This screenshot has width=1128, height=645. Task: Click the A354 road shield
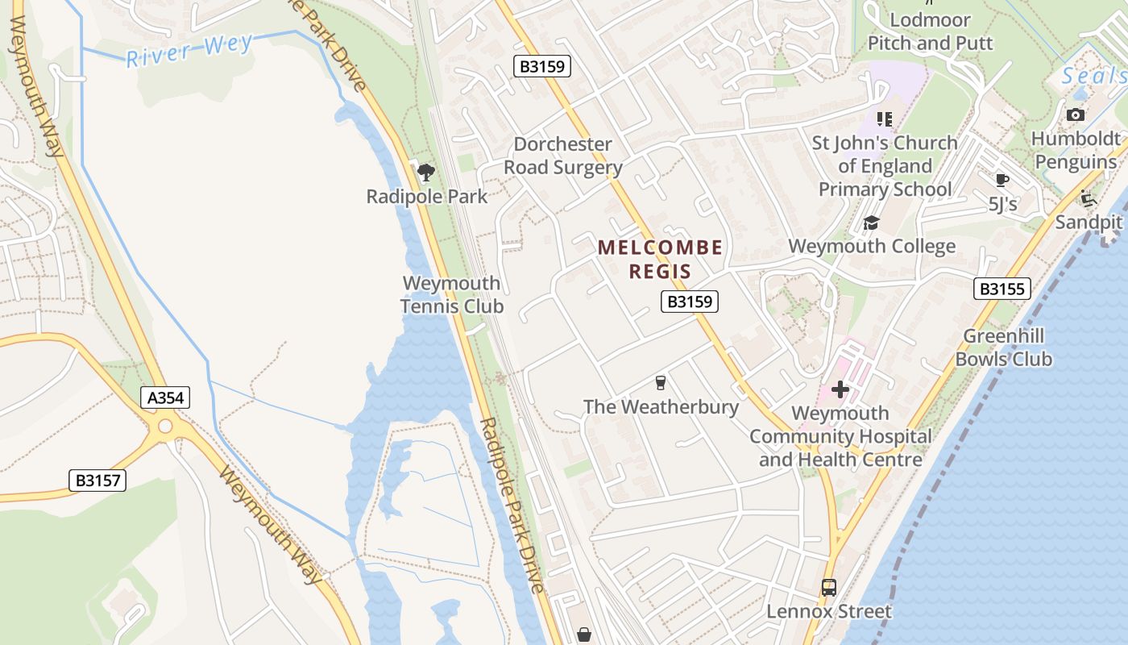tap(165, 397)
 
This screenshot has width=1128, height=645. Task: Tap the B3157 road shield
tap(97, 481)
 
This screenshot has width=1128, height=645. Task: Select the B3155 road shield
tap(1002, 289)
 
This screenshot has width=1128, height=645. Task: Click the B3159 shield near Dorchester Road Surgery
tap(542, 66)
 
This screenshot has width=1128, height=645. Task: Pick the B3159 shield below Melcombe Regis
tap(690, 302)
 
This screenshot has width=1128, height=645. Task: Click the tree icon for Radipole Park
tap(426, 172)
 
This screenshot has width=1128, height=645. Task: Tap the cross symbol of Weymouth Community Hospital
tap(840, 390)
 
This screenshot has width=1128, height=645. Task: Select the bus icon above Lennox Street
tap(828, 588)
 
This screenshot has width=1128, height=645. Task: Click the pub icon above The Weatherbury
tap(661, 383)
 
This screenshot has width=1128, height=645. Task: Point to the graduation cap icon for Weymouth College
tap(871, 223)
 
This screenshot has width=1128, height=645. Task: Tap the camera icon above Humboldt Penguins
tap(1076, 115)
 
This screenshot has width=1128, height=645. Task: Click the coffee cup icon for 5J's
tap(1002, 180)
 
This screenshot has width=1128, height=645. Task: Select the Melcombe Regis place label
tap(660, 259)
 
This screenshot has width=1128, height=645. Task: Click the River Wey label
tap(190, 50)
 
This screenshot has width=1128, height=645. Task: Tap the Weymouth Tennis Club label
tap(452, 295)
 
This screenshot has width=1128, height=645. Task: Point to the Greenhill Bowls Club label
tap(1004, 347)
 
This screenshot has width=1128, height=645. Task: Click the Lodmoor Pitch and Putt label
tap(931, 31)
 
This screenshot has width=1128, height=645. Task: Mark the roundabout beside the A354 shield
tap(165, 427)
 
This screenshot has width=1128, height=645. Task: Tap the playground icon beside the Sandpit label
tap(1089, 198)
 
